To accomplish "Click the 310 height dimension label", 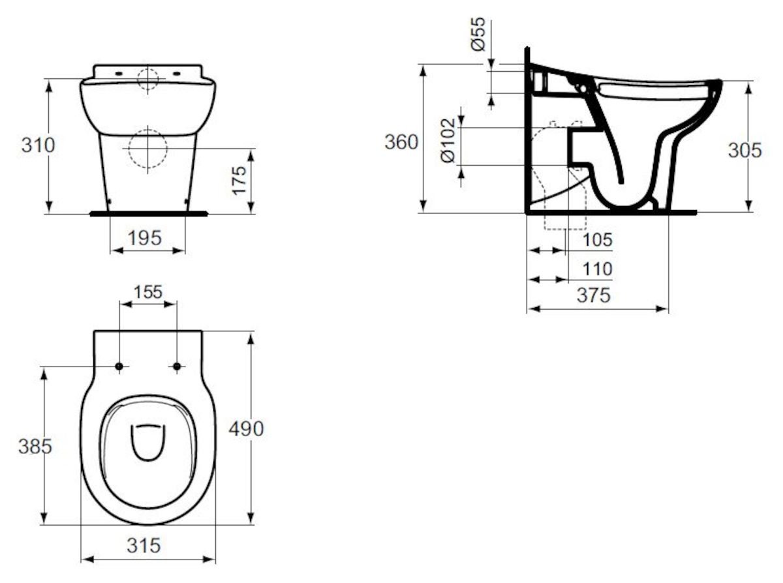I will [38, 145].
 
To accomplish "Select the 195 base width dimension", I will [145, 238].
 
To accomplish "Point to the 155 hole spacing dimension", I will [148, 291].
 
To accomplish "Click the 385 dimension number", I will [35, 447].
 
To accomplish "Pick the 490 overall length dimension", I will [246, 428].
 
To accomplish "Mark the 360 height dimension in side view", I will [401, 142].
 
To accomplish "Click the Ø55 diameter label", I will [478, 36].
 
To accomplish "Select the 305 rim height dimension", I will [745, 150].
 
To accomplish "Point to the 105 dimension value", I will [597, 240].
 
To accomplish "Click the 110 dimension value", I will [597, 269].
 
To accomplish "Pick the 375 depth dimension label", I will [594, 295].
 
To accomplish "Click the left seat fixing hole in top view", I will [119, 367].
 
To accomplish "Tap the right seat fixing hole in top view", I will [177, 367].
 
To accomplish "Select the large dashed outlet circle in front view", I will [148, 149].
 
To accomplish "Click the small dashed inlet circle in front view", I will [148, 78].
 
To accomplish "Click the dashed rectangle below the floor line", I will [556, 222].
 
